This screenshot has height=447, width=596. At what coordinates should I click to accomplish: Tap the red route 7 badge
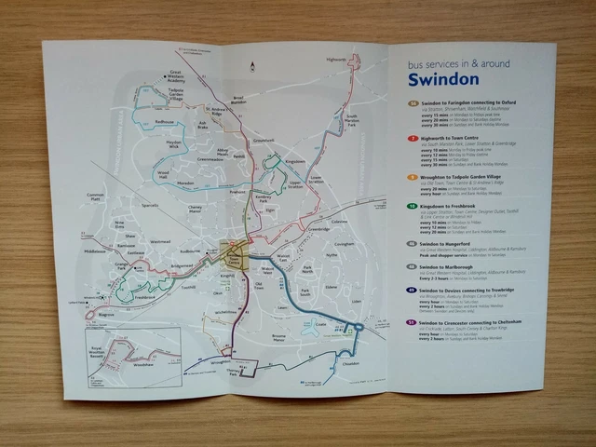[x=413, y=137]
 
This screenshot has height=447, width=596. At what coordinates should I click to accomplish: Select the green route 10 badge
[x=413, y=205]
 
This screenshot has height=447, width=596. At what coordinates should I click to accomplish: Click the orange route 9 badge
[x=413, y=175]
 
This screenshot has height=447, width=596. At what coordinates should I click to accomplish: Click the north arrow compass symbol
[x=254, y=65]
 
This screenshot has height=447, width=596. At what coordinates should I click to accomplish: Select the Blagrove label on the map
[x=107, y=316]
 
